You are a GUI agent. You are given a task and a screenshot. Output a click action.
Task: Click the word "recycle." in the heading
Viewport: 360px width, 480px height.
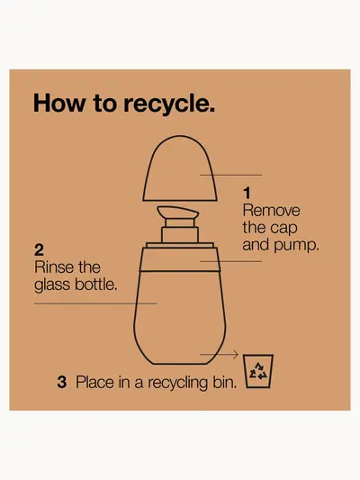pos(169,104)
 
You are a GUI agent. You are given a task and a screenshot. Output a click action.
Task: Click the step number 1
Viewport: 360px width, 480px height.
pos(247,193)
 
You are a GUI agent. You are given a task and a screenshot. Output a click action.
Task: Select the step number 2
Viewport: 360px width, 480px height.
pos(39,250)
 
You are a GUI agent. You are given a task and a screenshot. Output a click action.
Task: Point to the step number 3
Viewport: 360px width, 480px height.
pos(62,383)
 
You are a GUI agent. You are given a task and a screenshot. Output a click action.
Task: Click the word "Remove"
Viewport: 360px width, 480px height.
pos(271,211)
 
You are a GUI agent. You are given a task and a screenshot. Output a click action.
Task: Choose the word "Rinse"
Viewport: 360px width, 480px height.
pos(54,267)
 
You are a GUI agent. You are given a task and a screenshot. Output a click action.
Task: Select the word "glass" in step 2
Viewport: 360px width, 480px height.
pos(52,285)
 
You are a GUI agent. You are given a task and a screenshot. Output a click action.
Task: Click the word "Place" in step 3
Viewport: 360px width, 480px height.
pos(94,383)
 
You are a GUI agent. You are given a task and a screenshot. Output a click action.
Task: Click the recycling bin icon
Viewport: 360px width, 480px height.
pos(258,371)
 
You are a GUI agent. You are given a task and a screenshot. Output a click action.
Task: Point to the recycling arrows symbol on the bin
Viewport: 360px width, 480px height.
pos(258,371)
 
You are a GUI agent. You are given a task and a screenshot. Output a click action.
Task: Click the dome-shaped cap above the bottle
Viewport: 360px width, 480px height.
pos(180,168)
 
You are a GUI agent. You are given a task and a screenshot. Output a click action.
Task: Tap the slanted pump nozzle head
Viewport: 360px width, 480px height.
pos(178,213)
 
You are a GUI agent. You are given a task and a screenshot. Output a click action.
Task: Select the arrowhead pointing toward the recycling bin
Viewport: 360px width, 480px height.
pos(235,355)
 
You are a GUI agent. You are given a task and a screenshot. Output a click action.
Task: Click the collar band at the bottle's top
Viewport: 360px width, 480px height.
pos(180,259)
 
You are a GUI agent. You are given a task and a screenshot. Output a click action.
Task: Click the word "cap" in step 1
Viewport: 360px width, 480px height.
pos(286,229)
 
